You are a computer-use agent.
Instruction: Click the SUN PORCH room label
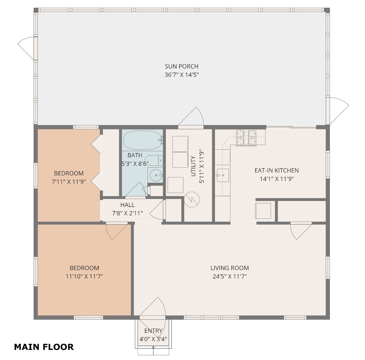pyautogui.click(x=182, y=67)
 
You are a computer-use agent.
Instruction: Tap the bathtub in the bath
pyautogui.click(x=142, y=140)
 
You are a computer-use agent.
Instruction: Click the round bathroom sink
pyautogui.click(x=156, y=175)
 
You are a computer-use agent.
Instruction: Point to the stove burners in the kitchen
pyautogui.click(x=246, y=137)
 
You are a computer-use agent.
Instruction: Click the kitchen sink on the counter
pyautogui.click(x=222, y=175)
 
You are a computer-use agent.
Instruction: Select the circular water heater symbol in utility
pyautogui.click(x=192, y=199)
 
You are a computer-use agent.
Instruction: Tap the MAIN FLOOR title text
pyautogui.click(x=44, y=347)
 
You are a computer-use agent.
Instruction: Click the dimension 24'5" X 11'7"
pyautogui.click(x=230, y=276)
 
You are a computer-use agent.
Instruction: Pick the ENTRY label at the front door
pyautogui.click(x=153, y=331)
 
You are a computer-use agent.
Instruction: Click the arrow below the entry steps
pyautogui.click(x=153, y=350)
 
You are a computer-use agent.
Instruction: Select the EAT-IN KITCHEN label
pyautogui.click(x=277, y=170)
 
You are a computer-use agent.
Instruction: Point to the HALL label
pyautogui.click(x=127, y=205)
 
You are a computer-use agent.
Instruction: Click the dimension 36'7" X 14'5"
pyautogui.click(x=182, y=75)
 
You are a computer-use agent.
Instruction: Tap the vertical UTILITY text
pyautogui.click(x=193, y=166)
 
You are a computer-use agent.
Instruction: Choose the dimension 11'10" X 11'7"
pyautogui.click(x=84, y=276)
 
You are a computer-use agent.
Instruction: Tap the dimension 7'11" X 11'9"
pyautogui.click(x=69, y=182)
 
